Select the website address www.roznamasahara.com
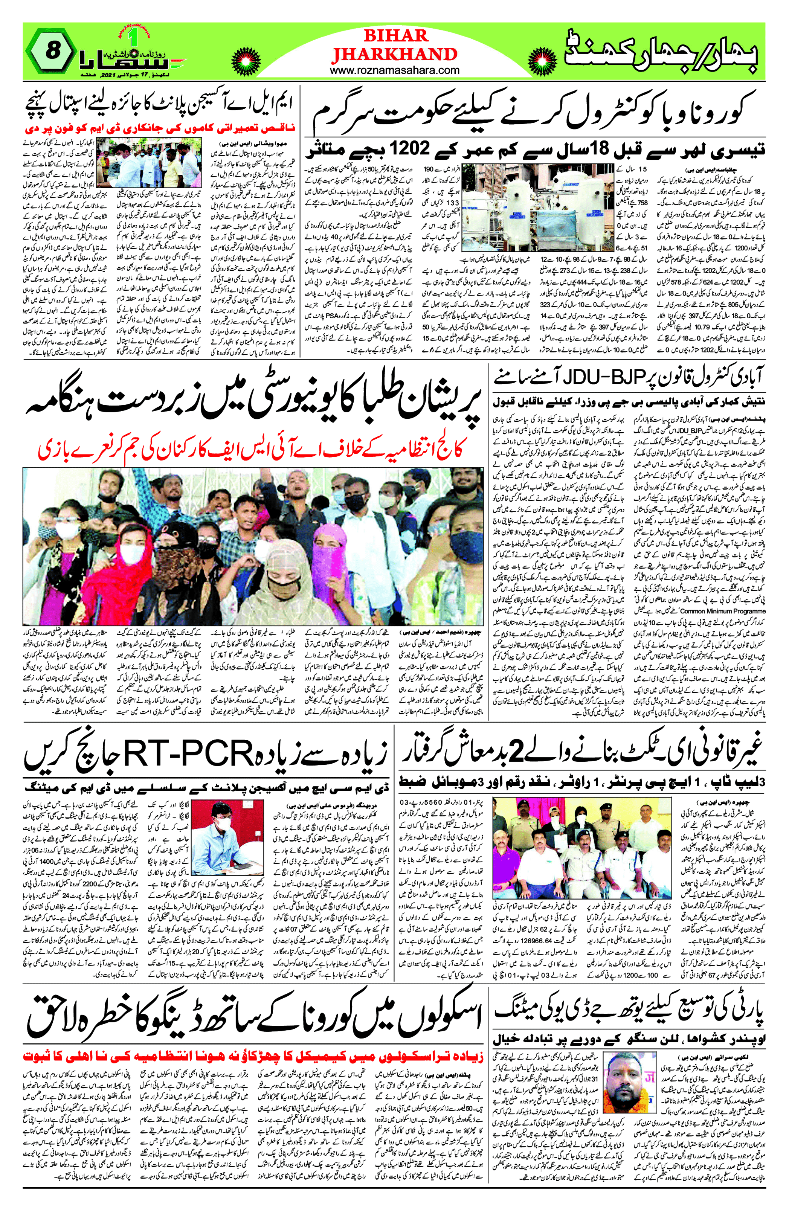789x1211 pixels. coord(395,70)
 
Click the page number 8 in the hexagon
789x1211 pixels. coord(52,50)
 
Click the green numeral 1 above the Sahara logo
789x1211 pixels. coord(133,37)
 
